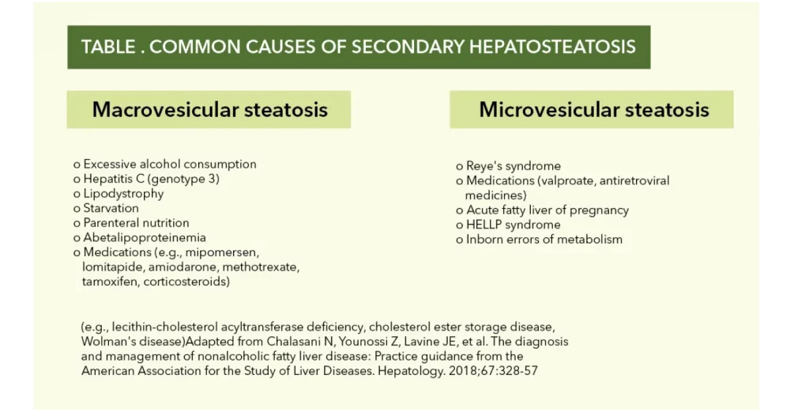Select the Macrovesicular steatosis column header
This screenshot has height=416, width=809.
209,110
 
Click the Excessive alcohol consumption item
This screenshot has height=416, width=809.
170,165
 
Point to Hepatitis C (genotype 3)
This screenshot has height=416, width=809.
151,180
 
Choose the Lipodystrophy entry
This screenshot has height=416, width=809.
123,194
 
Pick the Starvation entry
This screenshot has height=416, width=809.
111,208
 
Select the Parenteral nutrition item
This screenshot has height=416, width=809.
136,223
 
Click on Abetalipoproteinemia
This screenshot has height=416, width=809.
145,238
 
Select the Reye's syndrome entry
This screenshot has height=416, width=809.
514,166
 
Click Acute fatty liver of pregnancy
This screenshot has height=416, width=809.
547,210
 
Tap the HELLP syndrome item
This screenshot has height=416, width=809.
513,225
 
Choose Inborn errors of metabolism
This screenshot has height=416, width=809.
544,240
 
